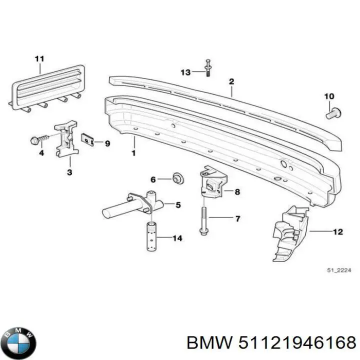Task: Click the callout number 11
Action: [39, 59]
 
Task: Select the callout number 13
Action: [185, 72]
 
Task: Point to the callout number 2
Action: [231, 81]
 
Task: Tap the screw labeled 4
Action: [38, 139]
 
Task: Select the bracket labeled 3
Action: [67, 137]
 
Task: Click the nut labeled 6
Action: [176, 178]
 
